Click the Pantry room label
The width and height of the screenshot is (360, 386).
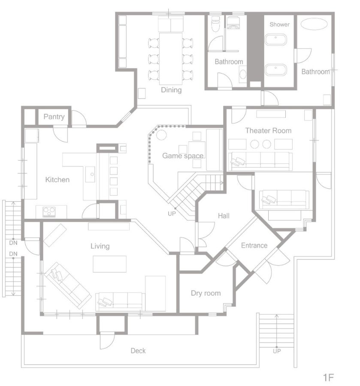(54, 117)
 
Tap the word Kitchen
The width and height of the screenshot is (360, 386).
(57, 179)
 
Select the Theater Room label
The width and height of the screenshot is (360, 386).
(269, 130)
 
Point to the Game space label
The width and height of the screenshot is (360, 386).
(183, 156)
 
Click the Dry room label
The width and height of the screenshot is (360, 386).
(206, 293)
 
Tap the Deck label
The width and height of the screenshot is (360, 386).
(138, 350)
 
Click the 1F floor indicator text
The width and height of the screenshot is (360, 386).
(328, 377)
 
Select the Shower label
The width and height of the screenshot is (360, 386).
(279, 24)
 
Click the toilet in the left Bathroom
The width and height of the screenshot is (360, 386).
(215, 24)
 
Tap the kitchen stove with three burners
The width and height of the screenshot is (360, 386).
(49, 212)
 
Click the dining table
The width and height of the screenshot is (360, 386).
(171, 59)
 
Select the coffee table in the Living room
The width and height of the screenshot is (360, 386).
(109, 264)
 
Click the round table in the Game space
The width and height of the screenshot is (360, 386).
(161, 135)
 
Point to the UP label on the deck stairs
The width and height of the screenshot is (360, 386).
(277, 351)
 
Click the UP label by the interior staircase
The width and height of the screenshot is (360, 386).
(172, 214)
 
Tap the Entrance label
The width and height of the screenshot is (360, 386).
(254, 245)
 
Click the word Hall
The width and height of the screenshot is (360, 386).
(224, 216)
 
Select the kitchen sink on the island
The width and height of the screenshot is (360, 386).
(90, 174)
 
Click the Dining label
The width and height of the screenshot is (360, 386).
(171, 90)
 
